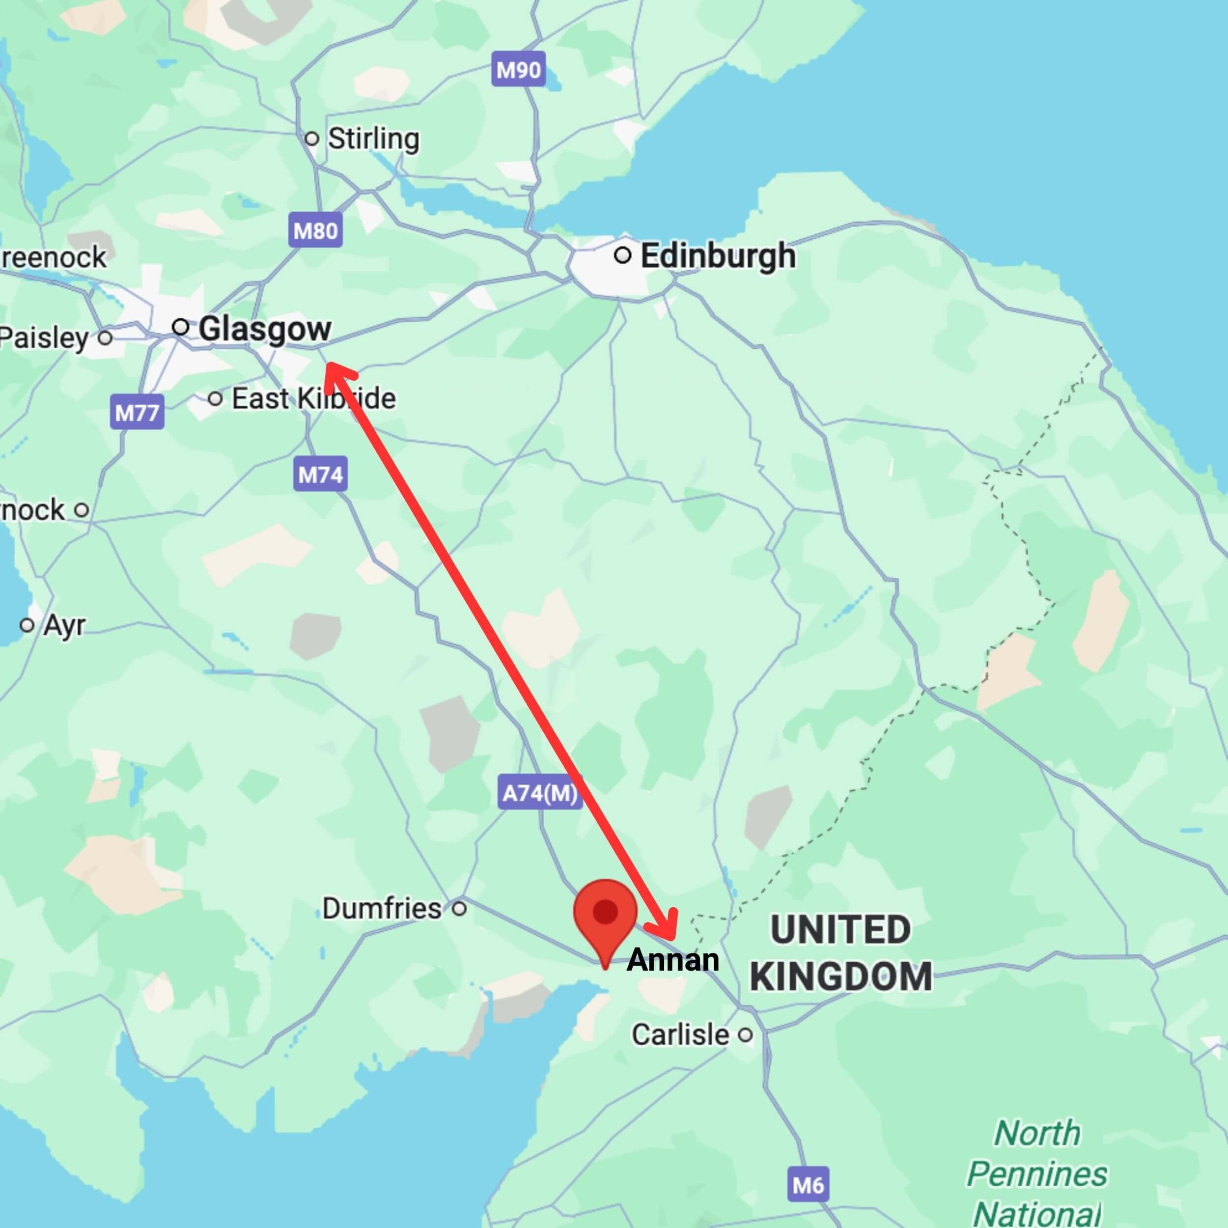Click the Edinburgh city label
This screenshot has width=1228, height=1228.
click(717, 256)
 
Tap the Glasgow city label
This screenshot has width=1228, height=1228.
click(264, 329)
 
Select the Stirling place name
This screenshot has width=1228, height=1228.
click(373, 139)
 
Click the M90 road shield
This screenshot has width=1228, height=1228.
click(519, 69)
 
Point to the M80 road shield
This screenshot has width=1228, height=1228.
click(316, 230)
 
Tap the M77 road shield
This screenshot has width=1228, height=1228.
click(137, 413)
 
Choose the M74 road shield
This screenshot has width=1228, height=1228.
click(320, 474)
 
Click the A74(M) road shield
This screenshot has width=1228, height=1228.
click(540, 793)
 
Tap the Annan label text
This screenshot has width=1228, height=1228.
click(672, 960)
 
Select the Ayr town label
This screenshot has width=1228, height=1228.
click(63, 625)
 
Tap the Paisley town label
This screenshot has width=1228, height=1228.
click(43, 337)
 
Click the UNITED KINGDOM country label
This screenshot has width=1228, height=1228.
click(840, 953)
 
